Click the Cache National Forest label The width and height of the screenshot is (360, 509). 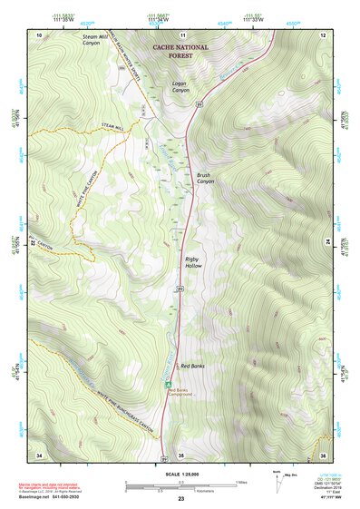[x=180, y=51]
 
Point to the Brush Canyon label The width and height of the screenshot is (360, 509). [x=205, y=178]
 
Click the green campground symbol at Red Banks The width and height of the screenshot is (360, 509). [x=167, y=384]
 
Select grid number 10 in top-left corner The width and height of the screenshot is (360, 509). [x=39, y=34]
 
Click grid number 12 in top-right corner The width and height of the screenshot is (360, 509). [x=322, y=34]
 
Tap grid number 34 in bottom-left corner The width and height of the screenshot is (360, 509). [x=39, y=454]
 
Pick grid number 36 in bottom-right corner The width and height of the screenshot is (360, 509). [x=322, y=454]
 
